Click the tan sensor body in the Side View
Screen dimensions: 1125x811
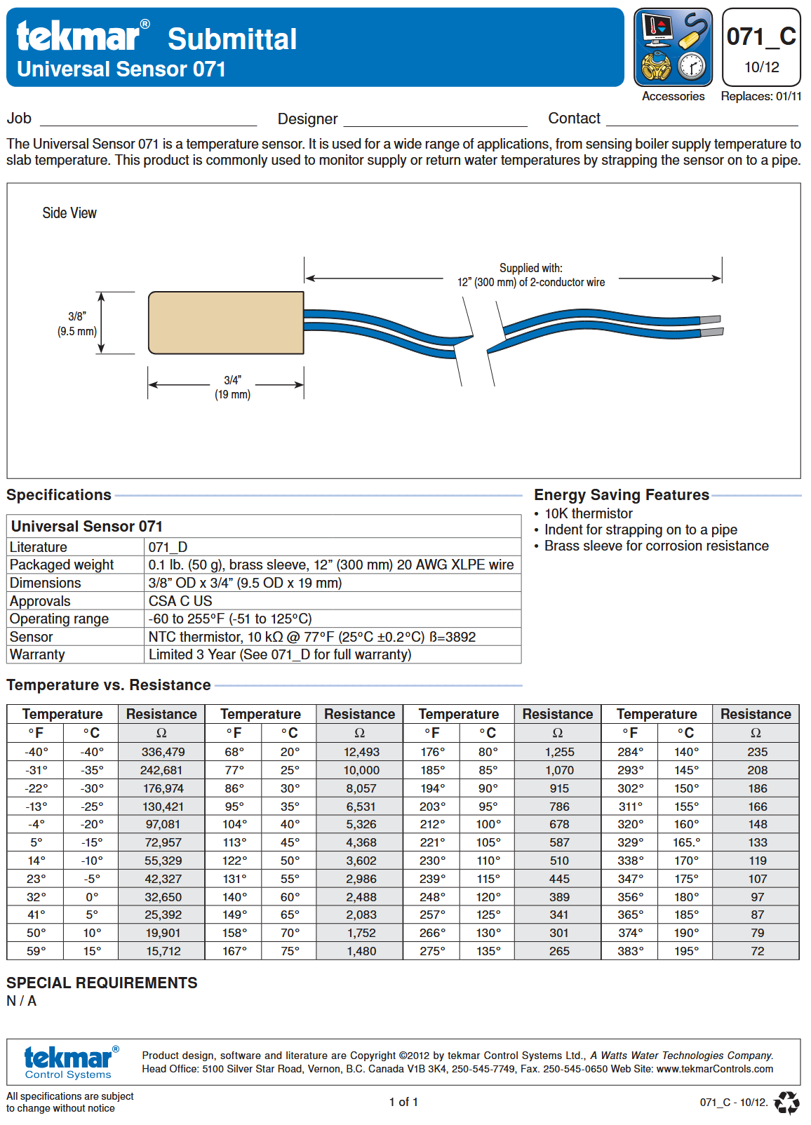(226, 323)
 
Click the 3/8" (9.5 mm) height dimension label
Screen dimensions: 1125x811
(77, 324)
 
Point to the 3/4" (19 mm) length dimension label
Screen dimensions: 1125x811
(232, 387)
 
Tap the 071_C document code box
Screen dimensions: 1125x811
(761, 48)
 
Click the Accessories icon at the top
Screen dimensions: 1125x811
(673, 48)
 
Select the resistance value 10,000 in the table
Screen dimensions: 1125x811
(361, 770)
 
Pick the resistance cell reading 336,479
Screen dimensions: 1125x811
(163, 752)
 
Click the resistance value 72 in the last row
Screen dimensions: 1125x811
(757, 951)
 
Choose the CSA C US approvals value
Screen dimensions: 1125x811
(180, 601)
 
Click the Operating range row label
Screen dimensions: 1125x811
(60, 619)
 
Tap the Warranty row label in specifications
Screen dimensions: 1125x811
(37, 654)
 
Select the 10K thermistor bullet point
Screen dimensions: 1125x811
(588, 513)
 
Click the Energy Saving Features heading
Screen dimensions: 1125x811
(622, 495)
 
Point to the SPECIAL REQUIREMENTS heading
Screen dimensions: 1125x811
(102, 983)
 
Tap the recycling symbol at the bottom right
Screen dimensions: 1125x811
(786, 1103)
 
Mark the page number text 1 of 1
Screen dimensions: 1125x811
(403, 1102)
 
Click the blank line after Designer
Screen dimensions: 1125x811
(435, 121)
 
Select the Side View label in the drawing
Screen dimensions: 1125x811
(69, 213)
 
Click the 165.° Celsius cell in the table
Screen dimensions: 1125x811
(686, 842)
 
